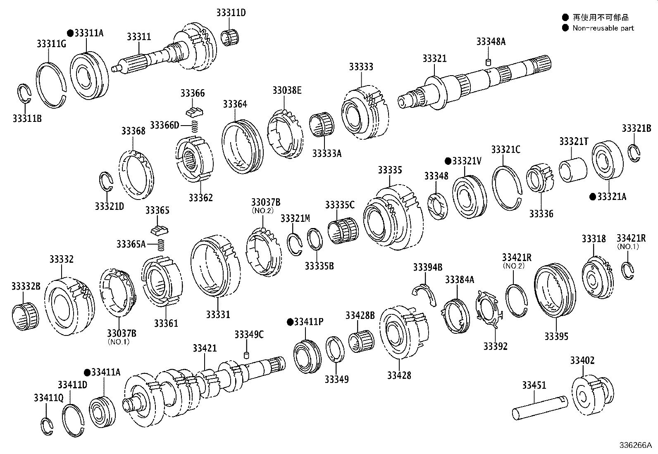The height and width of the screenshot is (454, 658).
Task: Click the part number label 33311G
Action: pyautogui.click(x=51, y=44)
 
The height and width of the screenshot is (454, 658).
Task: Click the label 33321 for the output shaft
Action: pyautogui.click(x=434, y=58)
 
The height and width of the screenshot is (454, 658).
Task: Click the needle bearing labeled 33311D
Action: pyautogui.click(x=230, y=37)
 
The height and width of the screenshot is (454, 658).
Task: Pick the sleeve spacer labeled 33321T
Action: pyautogui.click(x=573, y=169)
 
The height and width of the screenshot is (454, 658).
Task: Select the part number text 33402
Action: pyautogui.click(x=582, y=361)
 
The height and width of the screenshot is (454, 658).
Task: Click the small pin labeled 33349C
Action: pyautogui.click(x=247, y=355)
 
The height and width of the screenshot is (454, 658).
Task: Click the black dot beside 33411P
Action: pyautogui.click(x=289, y=322)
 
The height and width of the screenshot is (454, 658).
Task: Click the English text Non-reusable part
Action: pyautogui.click(x=603, y=28)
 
